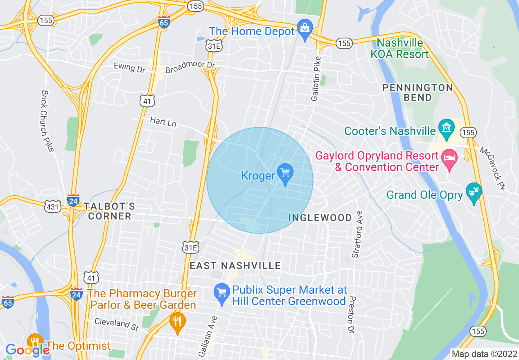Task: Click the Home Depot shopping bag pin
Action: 305,29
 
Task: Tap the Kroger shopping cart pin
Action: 285,173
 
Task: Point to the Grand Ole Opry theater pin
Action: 474,191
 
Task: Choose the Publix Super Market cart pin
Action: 222,293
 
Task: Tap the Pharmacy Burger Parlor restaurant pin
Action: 177,321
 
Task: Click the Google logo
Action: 27,350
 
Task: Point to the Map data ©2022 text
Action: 483,353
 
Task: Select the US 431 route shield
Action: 53,207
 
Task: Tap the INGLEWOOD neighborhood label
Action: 320,218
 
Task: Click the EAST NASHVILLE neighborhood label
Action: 235,266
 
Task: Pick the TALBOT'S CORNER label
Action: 110,211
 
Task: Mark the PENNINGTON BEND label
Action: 417,92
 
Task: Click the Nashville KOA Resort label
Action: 403,48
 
